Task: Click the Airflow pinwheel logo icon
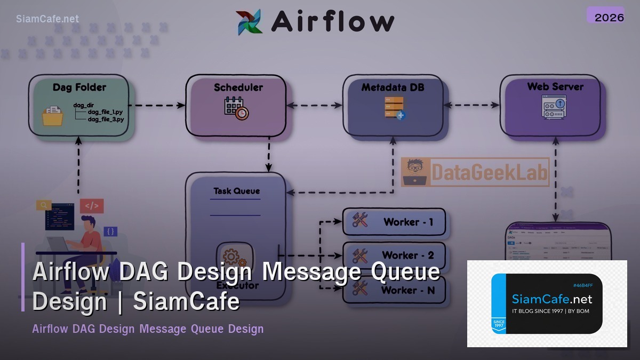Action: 249,22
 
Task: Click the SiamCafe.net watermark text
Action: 47,19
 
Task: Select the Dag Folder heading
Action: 79,87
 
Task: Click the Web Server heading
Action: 555,86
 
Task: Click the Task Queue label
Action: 237,191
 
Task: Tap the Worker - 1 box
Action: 394,222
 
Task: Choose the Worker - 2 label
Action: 408,255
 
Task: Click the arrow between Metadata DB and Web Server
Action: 471,106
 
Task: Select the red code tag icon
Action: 92,206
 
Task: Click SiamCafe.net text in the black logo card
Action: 552,299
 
